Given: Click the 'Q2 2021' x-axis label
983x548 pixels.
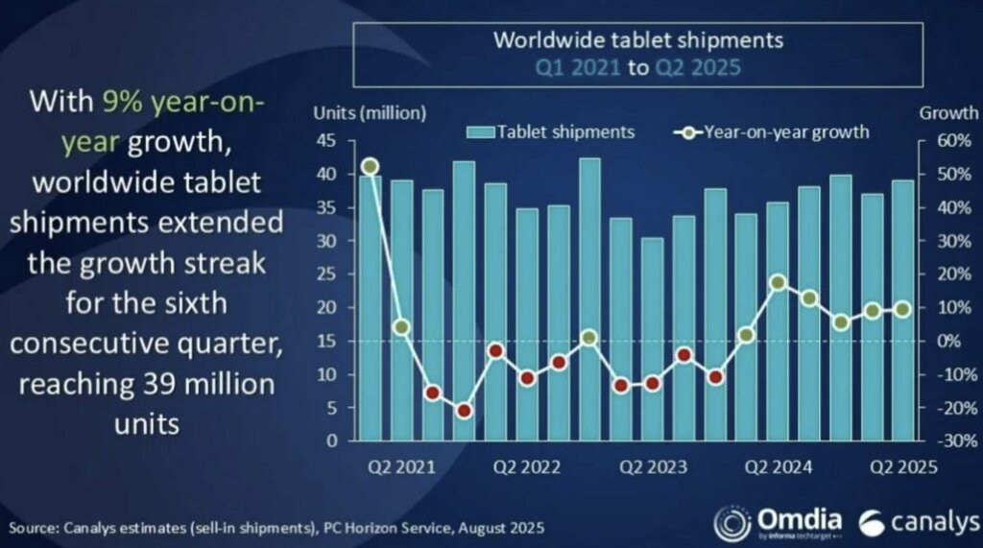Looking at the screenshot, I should coord(400,468).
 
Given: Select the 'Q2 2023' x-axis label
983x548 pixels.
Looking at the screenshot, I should coord(653,468).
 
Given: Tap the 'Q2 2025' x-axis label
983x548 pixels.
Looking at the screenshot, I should coord(903,468).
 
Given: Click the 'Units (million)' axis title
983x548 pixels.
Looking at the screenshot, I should coord(370,112).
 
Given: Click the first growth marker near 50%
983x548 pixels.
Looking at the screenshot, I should coord(371,167).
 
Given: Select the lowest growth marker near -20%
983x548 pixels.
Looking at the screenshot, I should coord(465,411).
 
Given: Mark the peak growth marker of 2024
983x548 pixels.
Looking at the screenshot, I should coord(779,282).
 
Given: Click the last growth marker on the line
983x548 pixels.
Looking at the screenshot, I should coord(903,309).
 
